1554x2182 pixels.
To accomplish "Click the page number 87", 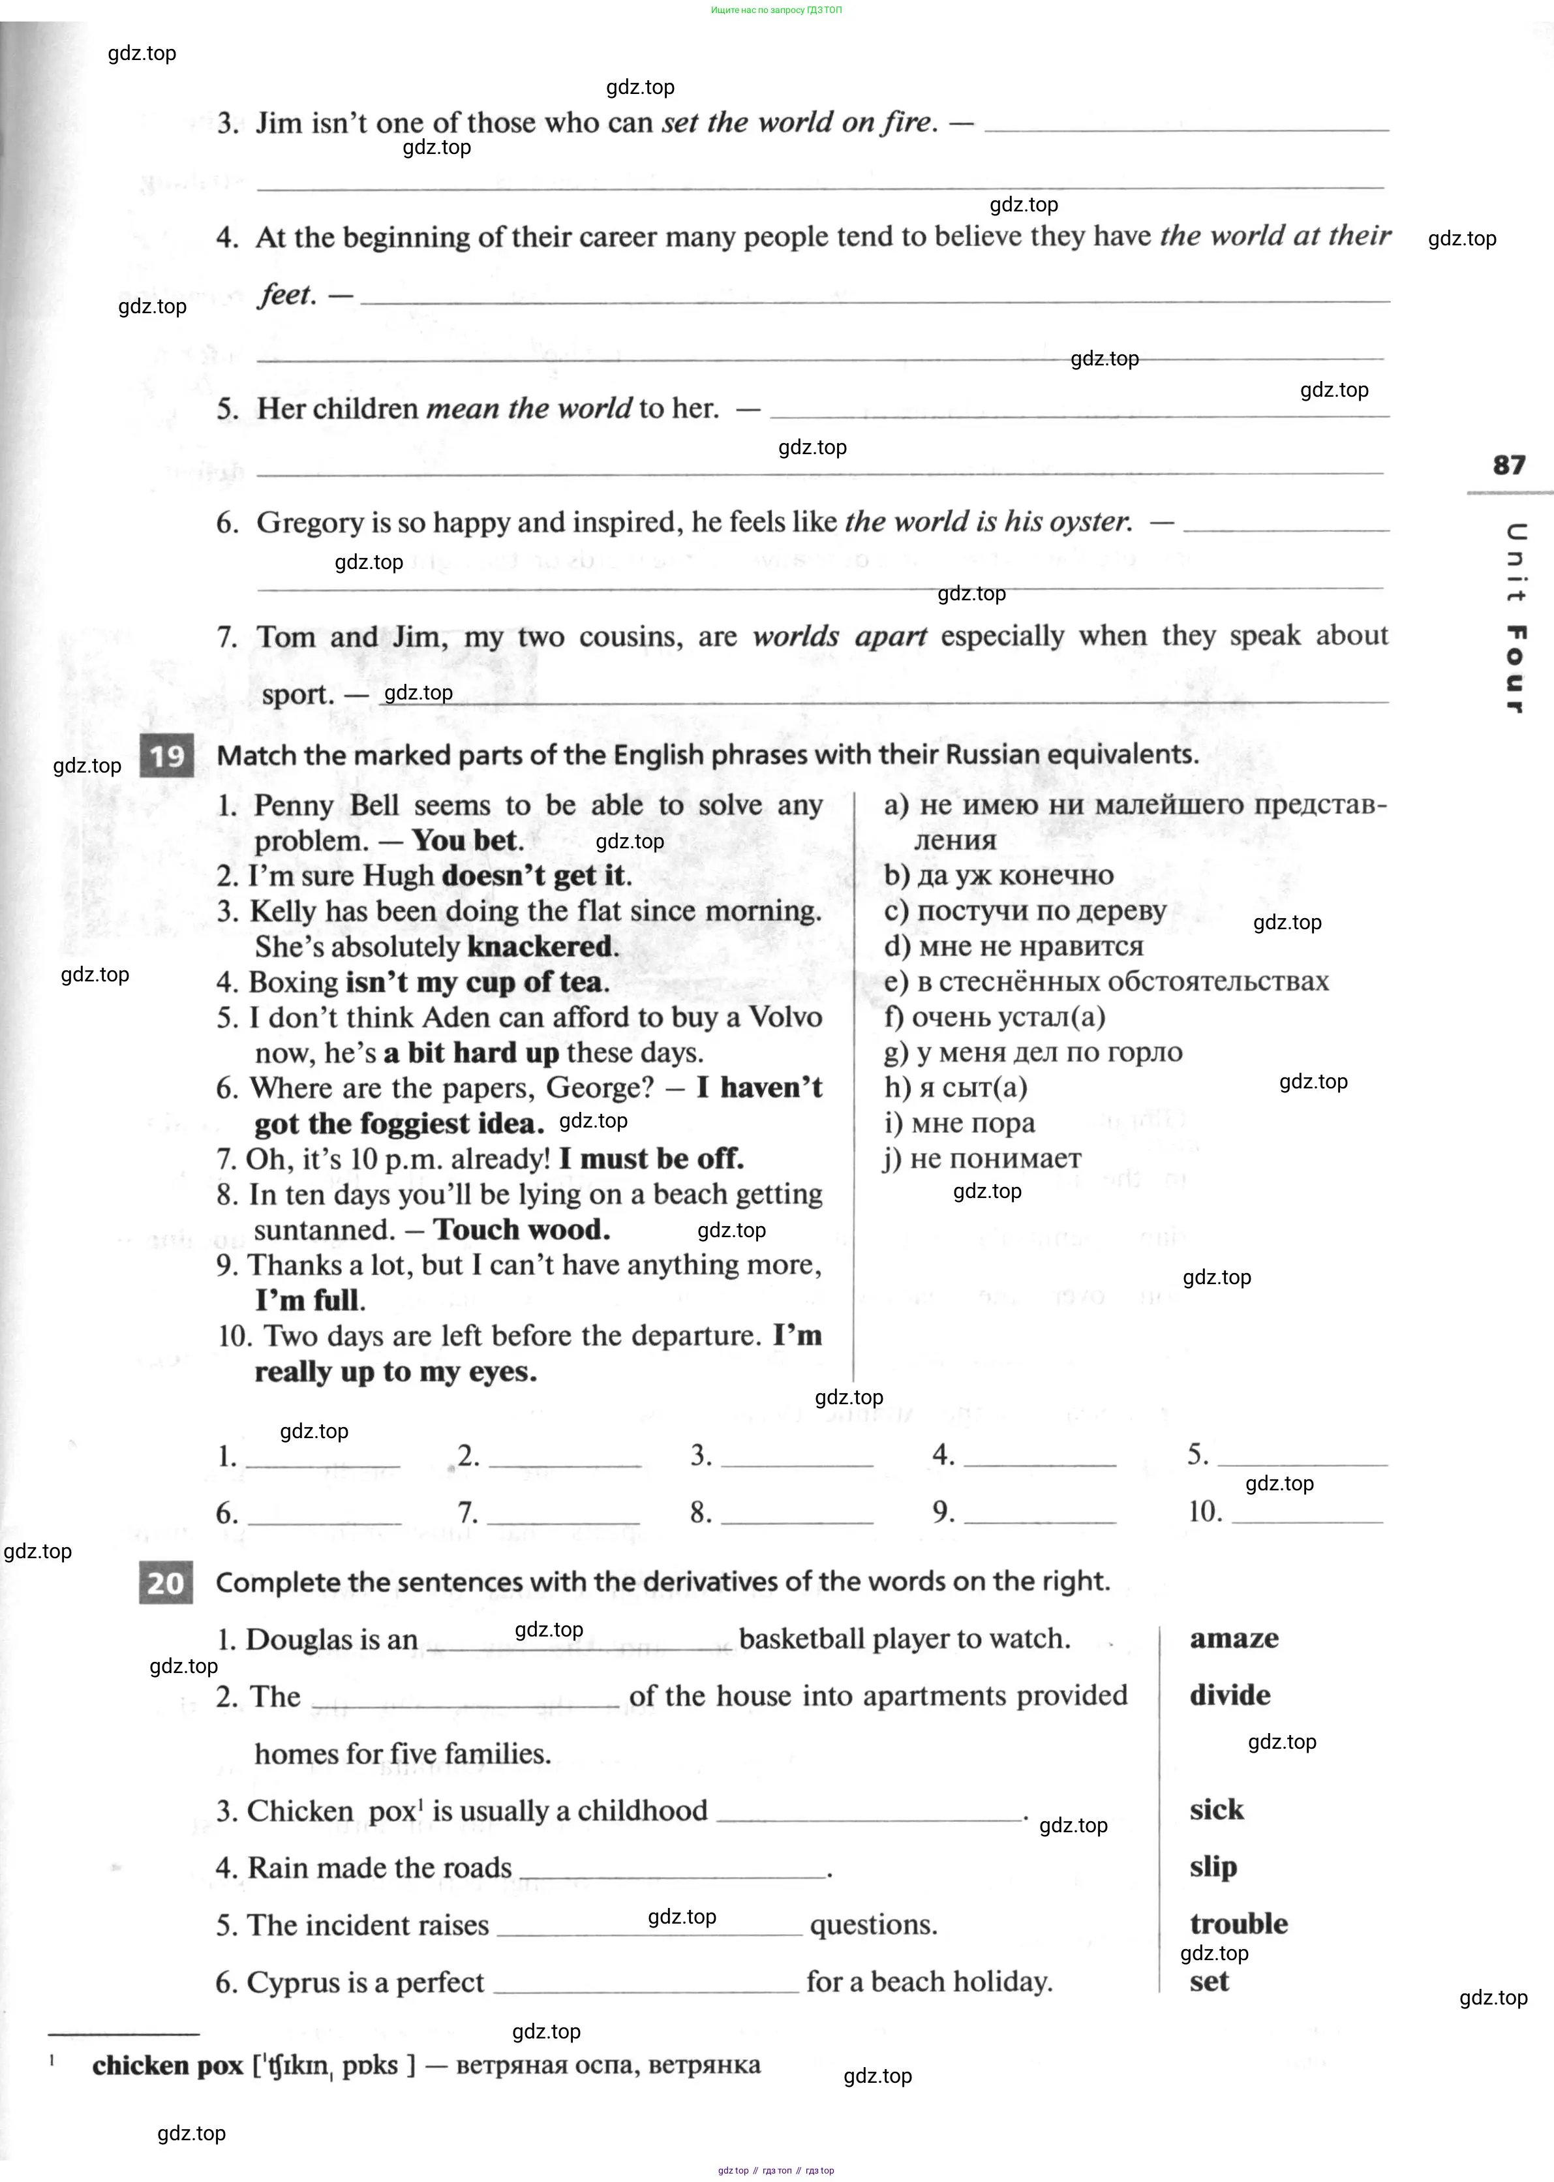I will click(x=1509, y=465).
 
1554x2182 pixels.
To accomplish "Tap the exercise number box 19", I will click(x=166, y=756).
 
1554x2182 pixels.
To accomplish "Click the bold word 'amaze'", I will click(x=1234, y=1638).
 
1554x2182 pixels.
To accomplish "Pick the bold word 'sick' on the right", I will click(x=1216, y=1809).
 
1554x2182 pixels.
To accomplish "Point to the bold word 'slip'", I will click(x=1212, y=1867).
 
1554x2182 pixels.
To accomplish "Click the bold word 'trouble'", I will click(x=1238, y=1924).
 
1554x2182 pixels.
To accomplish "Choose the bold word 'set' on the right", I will click(x=1209, y=1981).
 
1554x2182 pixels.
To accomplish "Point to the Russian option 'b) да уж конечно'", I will click(x=998, y=875).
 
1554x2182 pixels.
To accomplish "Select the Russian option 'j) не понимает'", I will click(x=982, y=1158).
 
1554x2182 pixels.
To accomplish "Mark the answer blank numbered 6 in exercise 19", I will click(x=324, y=1513).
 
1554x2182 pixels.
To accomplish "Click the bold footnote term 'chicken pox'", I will click(x=168, y=2065).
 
